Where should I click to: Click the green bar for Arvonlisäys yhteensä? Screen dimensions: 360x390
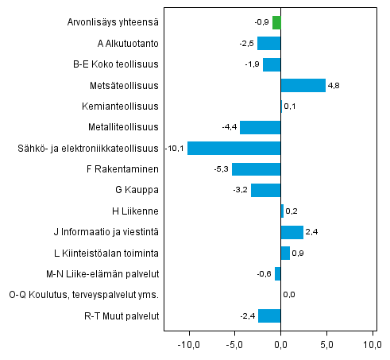(x=276, y=22)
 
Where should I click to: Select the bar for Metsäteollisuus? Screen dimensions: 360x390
(x=303, y=85)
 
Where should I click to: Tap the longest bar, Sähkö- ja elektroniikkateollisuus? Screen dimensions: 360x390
(x=234, y=148)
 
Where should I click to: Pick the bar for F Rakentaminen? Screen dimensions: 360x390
(x=256, y=168)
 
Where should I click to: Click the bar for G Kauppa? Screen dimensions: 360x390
(x=266, y=190)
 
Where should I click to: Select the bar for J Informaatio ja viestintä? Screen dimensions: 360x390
(x=292, y=232)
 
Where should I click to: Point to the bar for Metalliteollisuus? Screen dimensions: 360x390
(x=261, y=127)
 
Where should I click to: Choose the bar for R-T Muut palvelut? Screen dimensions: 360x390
(x=269, y=316)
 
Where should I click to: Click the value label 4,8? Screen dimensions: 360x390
(x=334, y=85)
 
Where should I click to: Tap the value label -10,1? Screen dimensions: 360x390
(x=175, y=148)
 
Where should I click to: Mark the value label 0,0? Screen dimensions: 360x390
(x=289, y=295)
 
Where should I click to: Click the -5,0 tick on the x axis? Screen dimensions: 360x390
(x=234, y=345)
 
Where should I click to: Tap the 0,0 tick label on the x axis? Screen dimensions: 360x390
(x=280, y=345)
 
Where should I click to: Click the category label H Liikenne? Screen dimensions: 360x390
(x=136, y=211)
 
